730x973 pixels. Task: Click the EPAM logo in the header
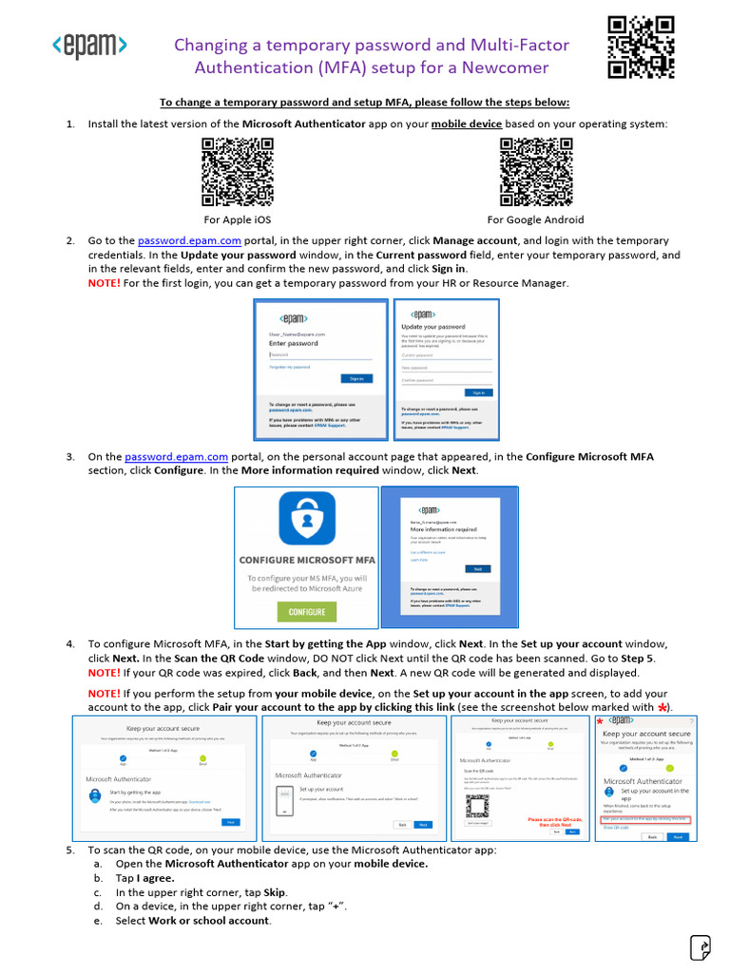tap(88, 46)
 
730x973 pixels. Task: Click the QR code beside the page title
tap(641, 47)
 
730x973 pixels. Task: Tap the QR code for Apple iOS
tap(237, 171)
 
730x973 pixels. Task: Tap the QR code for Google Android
tap(536, 171)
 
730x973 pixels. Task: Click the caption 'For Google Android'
tap(536, 219)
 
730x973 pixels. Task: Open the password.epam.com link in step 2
tap(189, 241)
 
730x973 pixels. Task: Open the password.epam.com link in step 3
tap(176, 457)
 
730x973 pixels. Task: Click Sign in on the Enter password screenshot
tap(356, 378)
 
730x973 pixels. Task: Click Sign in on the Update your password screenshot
tap(478, 392)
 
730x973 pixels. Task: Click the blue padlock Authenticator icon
tap(307, 519)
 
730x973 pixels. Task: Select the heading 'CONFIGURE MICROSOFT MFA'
tap(307, 560)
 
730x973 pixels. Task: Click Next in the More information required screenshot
tap(477, 568)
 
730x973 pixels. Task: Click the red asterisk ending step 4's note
tap(662, 708)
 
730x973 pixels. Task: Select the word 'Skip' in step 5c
tap(273, 893)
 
